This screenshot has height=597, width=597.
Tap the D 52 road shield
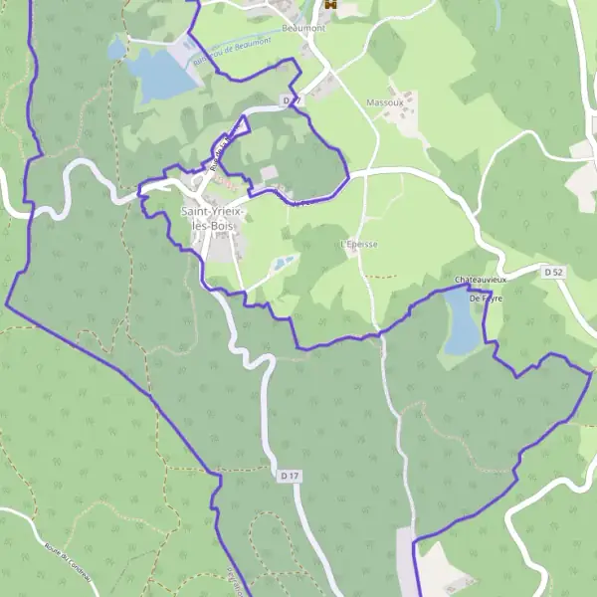pos(554,271)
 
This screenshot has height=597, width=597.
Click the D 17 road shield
pos(290,477)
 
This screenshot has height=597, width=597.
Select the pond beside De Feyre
pos(463,323)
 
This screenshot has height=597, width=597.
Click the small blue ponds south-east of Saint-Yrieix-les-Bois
pos(283,263)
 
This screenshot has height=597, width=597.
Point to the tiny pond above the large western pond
pos(117,48)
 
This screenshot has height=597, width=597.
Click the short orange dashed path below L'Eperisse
pos(379,276)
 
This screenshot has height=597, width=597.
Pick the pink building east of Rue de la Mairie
pos(268,172)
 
